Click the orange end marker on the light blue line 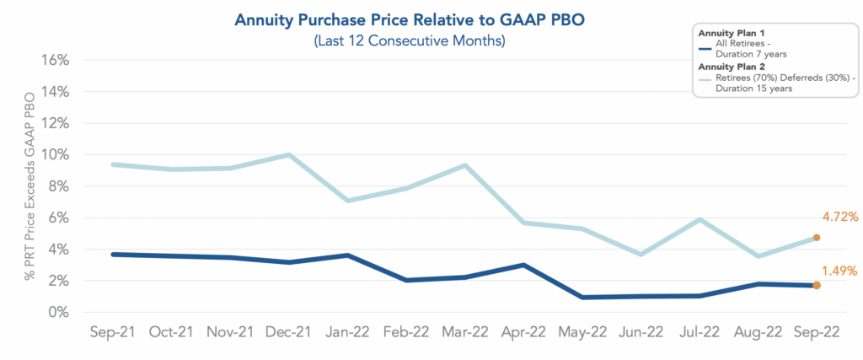coord(816,238)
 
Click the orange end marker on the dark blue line coord(816,286)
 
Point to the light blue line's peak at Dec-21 coord(289,154)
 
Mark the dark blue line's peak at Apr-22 coord(523,265)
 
